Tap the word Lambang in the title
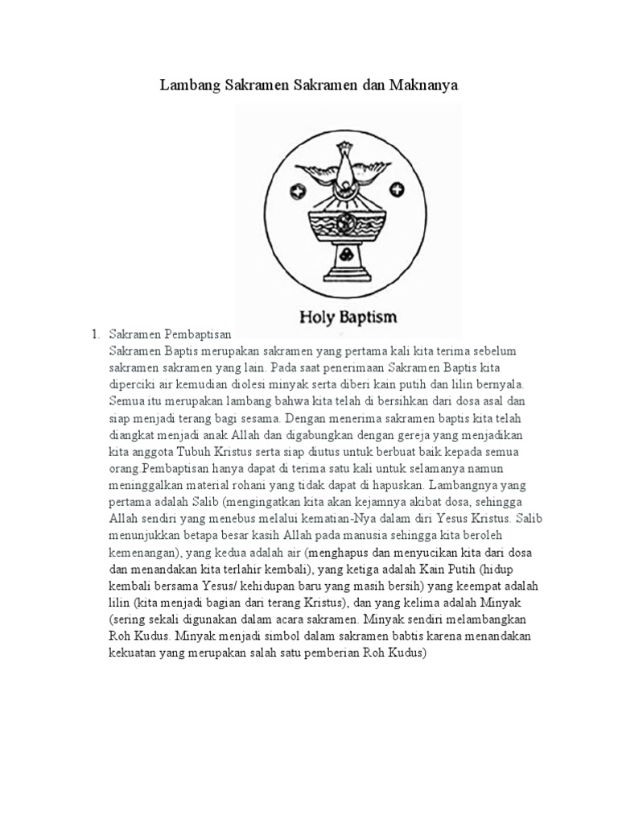188,85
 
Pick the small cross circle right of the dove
396,189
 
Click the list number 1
94,333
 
